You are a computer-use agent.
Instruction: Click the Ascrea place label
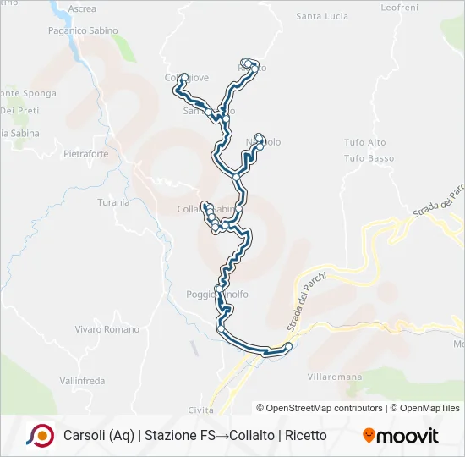[x=81, y=8]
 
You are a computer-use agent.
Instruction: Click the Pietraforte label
[x=86, y=154]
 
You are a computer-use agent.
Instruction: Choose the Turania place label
[x=113, y=202]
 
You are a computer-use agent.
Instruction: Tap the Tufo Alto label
[x=365, y=142]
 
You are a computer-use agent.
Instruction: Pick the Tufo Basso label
[x=369, y=158]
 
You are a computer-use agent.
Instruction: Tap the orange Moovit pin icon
[x=369, y=436]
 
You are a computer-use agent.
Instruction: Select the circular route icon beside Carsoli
[x=40, y=435]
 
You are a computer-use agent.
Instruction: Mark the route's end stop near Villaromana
[x=288, y=346]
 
